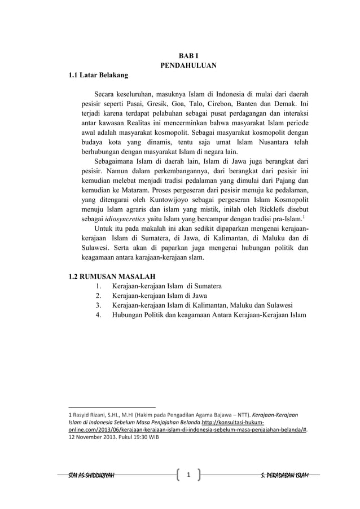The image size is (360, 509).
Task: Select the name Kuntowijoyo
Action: (159, 199)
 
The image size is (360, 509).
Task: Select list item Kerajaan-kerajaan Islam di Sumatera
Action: (167, 287)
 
